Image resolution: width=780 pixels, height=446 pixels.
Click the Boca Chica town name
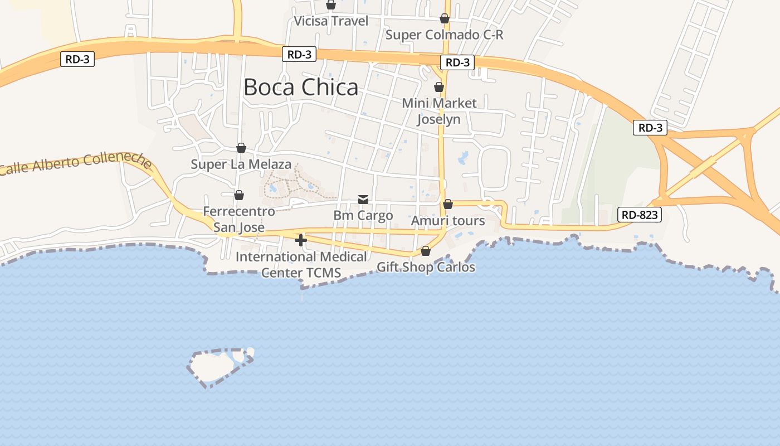[x=301, y=88]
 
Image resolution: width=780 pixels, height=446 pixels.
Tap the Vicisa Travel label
[x=331, y=21]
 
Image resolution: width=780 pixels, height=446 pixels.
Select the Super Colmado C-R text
[x=444, y=35]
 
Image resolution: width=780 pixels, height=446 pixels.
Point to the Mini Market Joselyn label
[x=439, y=111]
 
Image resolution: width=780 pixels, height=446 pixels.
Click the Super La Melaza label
[x=241, y=164]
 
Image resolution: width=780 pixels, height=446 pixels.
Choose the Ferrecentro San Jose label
[x=238, y=219]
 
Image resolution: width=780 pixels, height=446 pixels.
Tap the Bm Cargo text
[x=363, y=215]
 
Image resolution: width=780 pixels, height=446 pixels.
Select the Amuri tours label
[x=447, y=221]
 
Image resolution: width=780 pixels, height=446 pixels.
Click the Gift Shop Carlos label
[x=426, y=267]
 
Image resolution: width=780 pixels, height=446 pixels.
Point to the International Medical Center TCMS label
[x=301, y=265]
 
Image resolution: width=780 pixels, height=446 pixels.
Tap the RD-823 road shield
[x=639, y=215]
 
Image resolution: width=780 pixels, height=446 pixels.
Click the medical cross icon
[x=301, y=240]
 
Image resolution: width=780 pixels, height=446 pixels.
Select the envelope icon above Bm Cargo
[x=363, y=199]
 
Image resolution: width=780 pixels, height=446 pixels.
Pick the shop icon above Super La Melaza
[x=241, y=148]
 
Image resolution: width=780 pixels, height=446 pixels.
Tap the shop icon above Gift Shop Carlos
[x=426, y=251]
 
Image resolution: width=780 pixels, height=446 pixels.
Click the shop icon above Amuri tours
[x=447, y=204]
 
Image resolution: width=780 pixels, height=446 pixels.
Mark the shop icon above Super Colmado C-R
[x=444, y=18]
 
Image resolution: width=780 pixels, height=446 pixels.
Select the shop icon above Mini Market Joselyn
[x=439, y=87]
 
